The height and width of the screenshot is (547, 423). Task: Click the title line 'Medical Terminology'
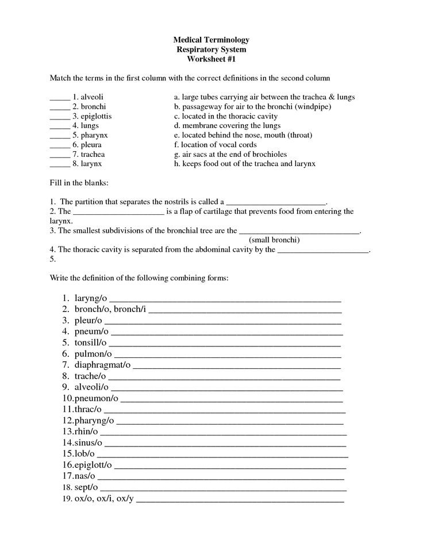click(211, 40)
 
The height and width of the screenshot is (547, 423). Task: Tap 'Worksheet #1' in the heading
click(211, 59)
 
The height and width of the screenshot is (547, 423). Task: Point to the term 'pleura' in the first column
click(91, 145)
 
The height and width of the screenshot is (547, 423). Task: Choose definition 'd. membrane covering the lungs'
click(227, 125)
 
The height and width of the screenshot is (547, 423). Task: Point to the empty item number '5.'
click(52, 259)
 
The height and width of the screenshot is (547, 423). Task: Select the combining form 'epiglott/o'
click(93, 465)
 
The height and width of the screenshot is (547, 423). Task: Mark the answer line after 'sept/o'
click(224, 488)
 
